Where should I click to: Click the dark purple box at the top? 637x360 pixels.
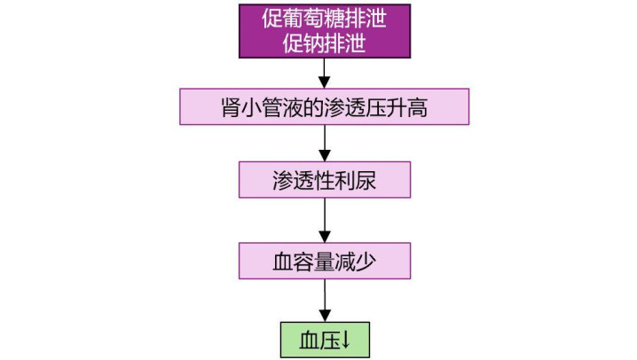click(x=324, y=30)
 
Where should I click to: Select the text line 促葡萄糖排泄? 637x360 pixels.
click(x=324, y=18)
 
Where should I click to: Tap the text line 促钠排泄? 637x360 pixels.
click(x=324, y=43)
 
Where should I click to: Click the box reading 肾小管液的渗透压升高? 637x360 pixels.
click(x=324, y=106)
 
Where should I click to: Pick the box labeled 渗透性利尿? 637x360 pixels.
click(x=324, y=179)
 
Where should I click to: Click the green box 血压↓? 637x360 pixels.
click(x=324, y=339)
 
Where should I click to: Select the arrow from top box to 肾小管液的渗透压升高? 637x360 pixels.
click(x=325, y=72)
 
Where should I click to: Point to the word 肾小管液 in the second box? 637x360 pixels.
click(x=262, y=106)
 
